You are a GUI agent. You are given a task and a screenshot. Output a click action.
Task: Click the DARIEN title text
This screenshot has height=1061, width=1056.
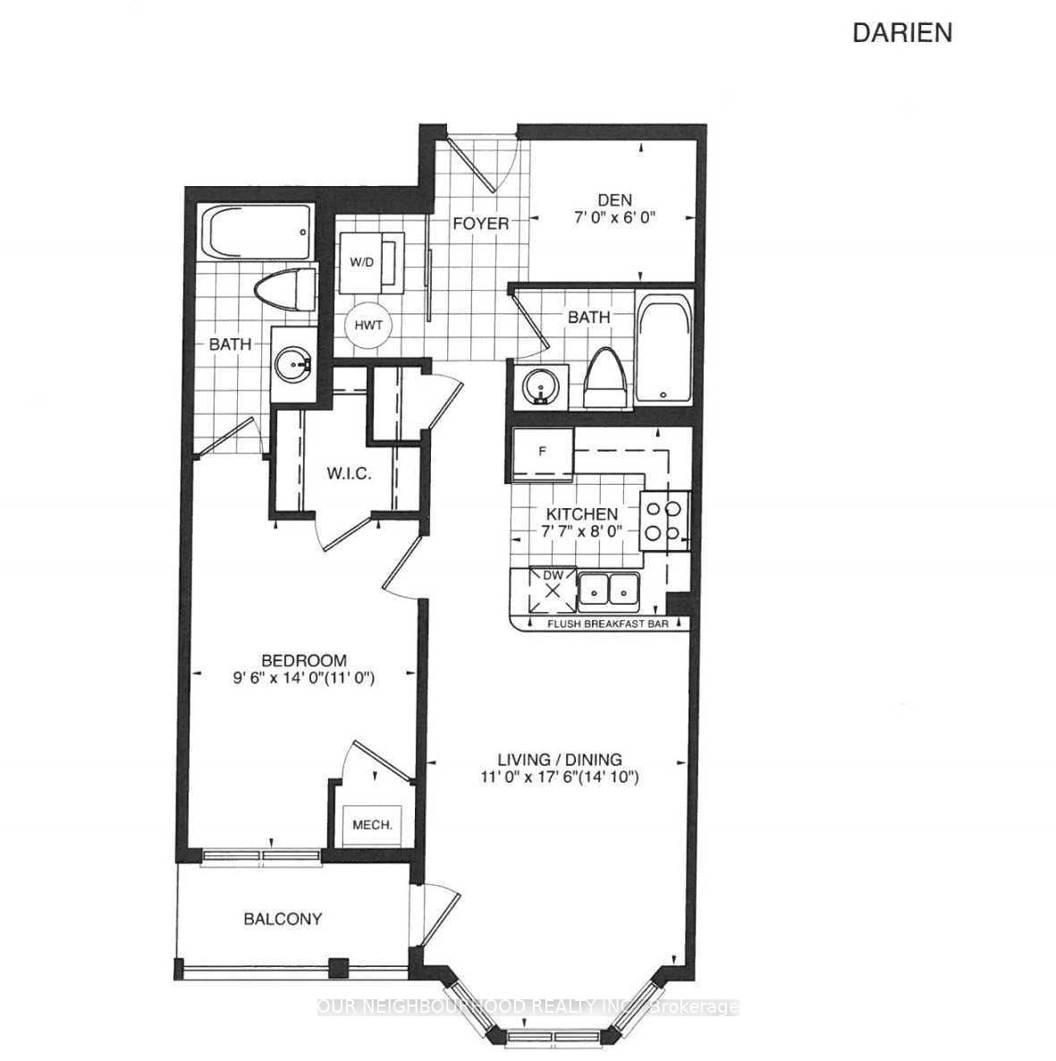point(902,33)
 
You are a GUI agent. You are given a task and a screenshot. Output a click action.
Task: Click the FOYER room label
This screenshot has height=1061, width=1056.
point(480,223)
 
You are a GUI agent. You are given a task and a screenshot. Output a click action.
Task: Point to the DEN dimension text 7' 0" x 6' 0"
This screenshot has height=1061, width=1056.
point(616,217)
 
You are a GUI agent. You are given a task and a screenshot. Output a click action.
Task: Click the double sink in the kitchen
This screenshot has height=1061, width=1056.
point(608,590)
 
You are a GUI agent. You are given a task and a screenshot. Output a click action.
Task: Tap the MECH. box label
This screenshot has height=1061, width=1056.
point(373,825)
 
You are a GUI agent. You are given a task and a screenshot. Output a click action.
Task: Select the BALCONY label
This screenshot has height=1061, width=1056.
point(283,919)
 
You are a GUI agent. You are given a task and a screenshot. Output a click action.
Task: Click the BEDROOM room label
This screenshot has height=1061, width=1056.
point(299,661)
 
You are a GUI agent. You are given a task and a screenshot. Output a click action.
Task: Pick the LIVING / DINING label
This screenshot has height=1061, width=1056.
point(562,760)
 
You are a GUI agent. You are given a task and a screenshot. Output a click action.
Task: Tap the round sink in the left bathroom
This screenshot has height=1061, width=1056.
point(292,365)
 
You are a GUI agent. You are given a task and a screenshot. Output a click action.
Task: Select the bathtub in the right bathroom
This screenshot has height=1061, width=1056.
point(663,349)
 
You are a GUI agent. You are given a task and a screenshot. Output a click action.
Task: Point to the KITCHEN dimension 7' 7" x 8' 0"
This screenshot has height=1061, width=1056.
point(582,531)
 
